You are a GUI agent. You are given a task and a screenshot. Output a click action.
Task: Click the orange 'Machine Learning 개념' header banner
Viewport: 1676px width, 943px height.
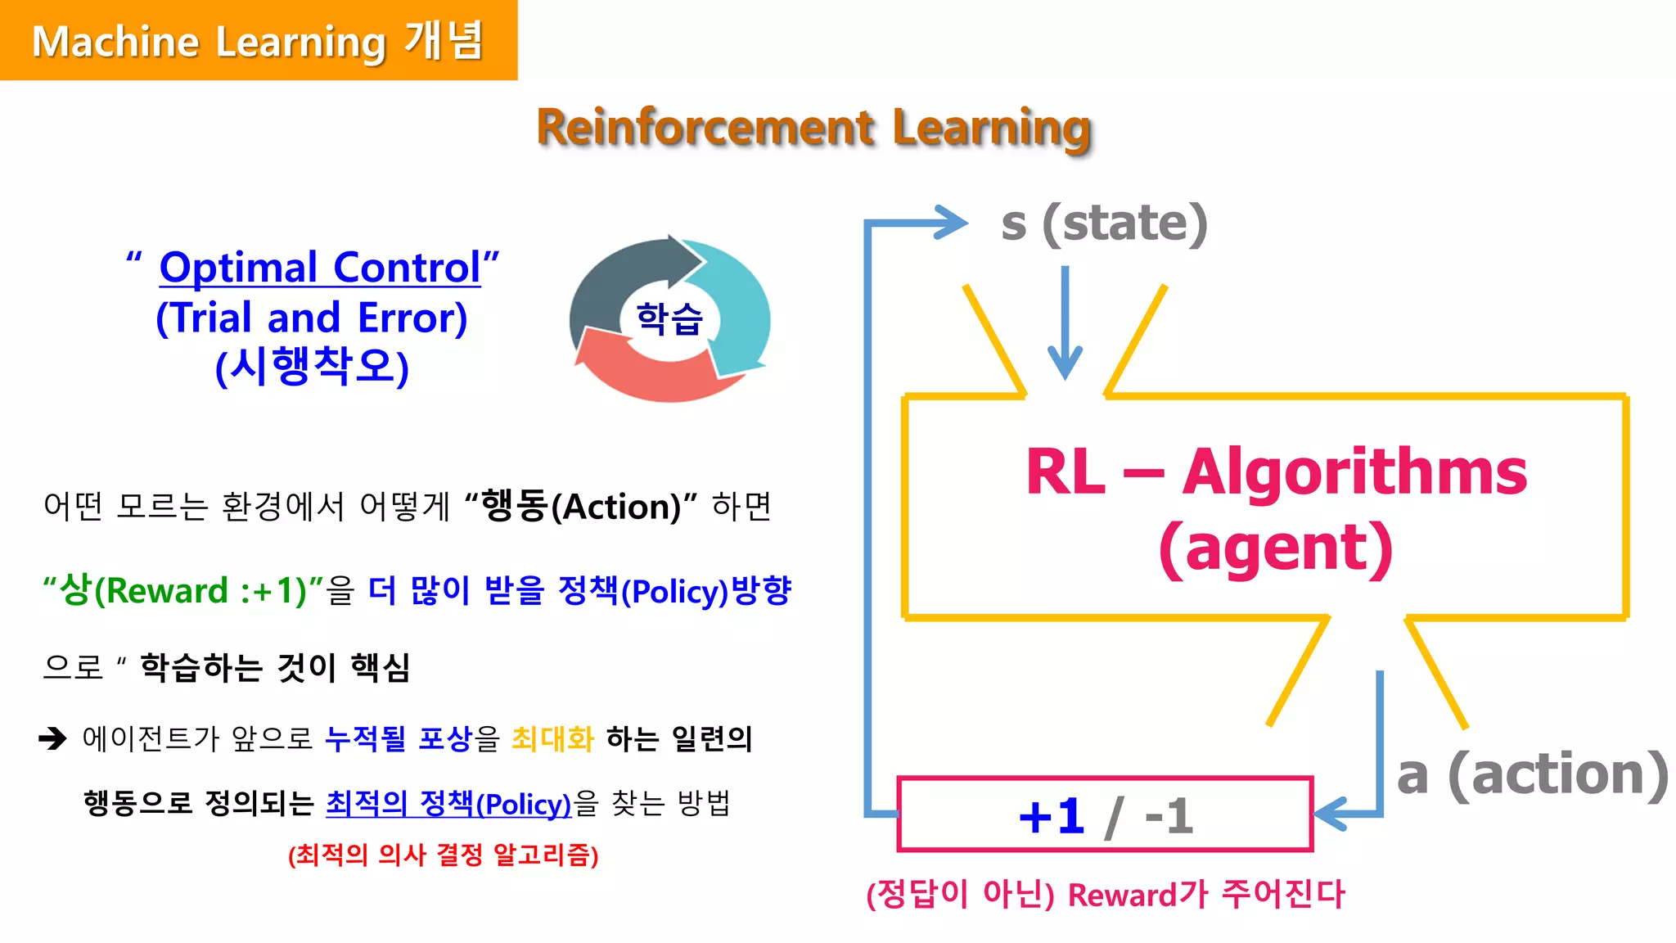[258, 40]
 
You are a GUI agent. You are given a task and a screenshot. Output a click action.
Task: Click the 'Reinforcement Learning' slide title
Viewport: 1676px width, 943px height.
[813, 128]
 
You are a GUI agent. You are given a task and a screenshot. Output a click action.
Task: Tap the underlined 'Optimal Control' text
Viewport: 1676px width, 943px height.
[320, 268]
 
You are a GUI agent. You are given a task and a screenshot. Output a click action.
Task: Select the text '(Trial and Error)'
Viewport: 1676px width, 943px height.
[311, 318]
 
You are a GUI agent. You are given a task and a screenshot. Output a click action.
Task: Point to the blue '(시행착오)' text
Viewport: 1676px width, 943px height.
[311, 366]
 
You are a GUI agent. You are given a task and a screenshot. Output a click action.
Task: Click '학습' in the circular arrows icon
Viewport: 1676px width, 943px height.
[669, 318]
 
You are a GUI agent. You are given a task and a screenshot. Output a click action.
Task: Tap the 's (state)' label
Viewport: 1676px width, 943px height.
[1104, 223]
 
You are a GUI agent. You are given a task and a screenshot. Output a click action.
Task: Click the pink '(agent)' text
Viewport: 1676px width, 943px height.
[1276, 547]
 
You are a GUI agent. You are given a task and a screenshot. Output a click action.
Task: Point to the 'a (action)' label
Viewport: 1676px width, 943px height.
[1532, 774]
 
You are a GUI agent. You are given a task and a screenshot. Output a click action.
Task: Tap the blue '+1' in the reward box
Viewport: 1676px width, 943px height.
[1052, 816]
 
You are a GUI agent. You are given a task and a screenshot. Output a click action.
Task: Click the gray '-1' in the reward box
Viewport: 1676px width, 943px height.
[1169, 816]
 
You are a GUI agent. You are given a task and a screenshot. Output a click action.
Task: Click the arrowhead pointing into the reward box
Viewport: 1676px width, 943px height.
[1330, 814]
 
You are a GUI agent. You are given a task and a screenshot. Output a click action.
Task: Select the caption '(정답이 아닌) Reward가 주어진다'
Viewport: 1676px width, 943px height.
[1106, 894]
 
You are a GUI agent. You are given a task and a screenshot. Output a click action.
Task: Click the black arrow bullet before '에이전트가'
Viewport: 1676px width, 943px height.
[53, 738]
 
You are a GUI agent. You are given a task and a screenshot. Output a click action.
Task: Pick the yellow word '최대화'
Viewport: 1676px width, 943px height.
[552, 738]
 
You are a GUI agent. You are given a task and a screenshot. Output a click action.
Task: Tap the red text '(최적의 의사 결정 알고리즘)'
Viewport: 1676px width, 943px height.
[443, 855]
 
